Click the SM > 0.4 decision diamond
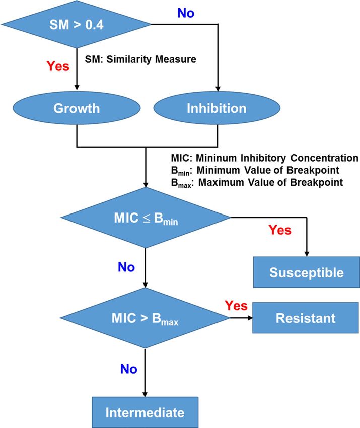tap(76, 24)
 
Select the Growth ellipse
tap(77, 108)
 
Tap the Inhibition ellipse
tap(217, 108)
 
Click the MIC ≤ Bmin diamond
tap(146, 218)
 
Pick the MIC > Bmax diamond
tap(145, 318)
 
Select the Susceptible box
tap(307, 272)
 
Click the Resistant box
tap(306, 318)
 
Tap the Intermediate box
tap(145, 412)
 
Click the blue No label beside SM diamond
tap(186, 13)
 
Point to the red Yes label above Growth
tap(58, 66)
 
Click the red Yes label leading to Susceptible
tap(280, 230)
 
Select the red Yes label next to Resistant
tap(236, 306)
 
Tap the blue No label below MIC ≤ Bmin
tap(126, 267)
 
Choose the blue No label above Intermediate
tap(129, 369)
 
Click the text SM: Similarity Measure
tap(140, 59)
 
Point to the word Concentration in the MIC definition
tap(324, 158)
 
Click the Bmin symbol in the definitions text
tap(180, 171)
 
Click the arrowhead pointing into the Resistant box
tap(250, 318)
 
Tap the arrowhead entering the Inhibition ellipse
tap(218, 88)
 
